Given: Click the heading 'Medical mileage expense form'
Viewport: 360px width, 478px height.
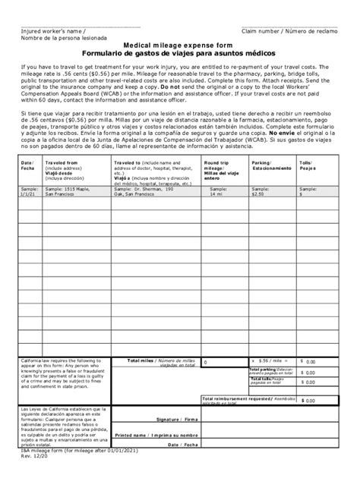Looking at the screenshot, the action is coord(179,46).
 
